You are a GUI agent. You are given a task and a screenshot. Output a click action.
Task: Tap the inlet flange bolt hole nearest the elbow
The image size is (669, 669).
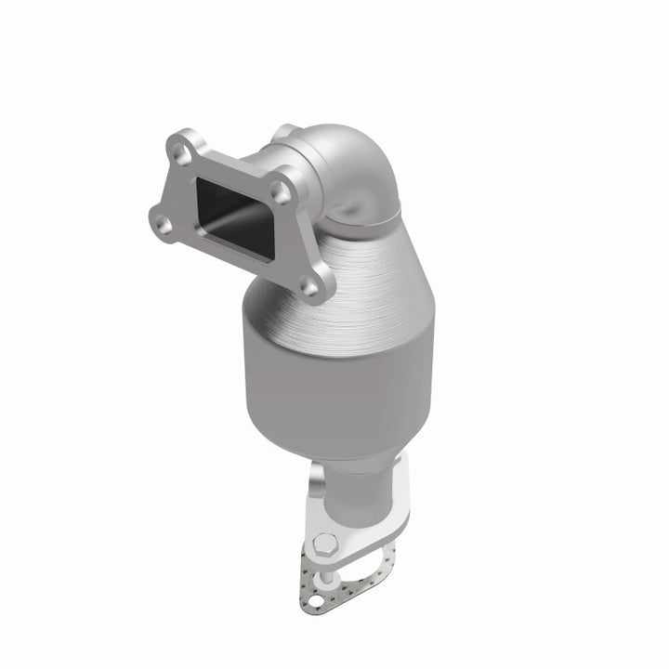(x=281, y=191)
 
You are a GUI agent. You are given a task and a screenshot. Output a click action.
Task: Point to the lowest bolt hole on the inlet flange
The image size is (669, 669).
(x=309, y=287)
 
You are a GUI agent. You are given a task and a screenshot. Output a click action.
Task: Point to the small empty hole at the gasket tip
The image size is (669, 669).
(x=316, y=601)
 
